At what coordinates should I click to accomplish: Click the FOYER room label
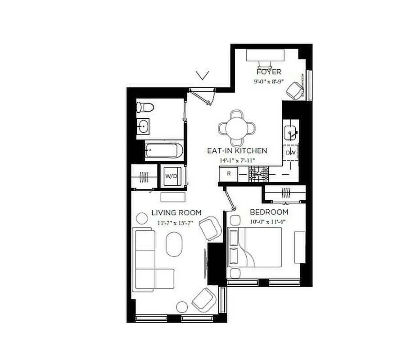click(269, 72)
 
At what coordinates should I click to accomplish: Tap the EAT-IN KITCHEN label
click(237, 151)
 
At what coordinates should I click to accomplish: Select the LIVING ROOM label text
click(176, 213)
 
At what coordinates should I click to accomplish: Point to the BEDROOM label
click(269, 212)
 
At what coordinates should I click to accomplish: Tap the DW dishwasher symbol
click(291, 153)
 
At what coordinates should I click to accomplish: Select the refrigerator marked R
click(229, 173)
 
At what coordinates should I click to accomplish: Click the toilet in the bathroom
click(146, 108)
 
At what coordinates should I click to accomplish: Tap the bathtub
click(164, 150)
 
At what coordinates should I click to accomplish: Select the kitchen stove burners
click(259, 174)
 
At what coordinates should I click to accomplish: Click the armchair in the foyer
click(295, 90)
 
